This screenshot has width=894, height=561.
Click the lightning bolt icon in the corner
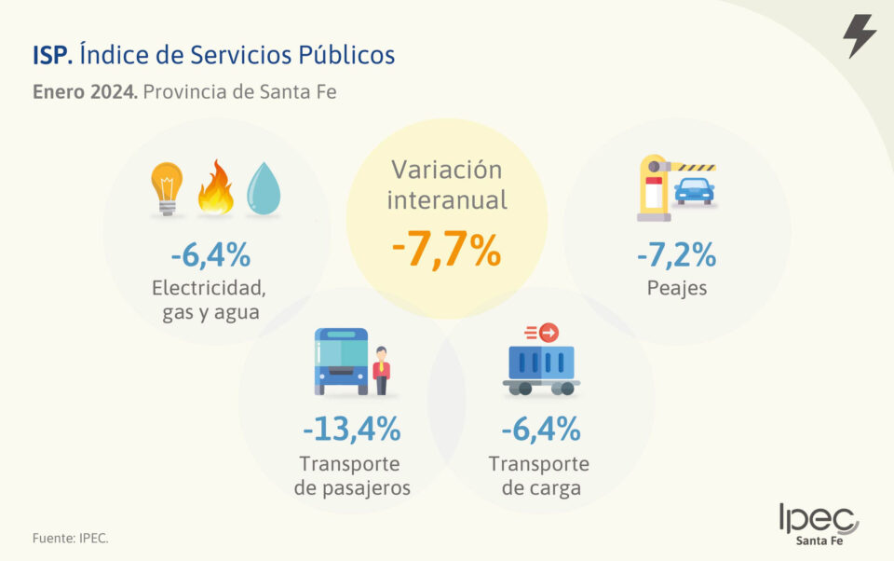[859, 35]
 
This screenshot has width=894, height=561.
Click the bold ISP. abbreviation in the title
[52, 56]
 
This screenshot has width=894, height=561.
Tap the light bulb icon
[167, 188]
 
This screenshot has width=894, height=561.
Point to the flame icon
[215, 187]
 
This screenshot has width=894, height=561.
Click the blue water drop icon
[264, 189]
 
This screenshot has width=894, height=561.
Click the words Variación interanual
[446, 185]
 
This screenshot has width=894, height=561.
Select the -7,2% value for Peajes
[676, 253]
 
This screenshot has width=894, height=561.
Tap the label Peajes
[676, 288]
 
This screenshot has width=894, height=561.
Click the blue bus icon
[341, 361]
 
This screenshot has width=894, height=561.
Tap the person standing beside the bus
[381, 371]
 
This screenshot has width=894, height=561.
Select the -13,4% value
[351, 429]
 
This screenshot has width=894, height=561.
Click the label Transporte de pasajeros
[351, 475]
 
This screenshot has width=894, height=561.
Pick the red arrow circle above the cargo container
[549, 332]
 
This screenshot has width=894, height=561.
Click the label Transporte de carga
[539, 475]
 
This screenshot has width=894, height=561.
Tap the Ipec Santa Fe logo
[819, 524]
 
